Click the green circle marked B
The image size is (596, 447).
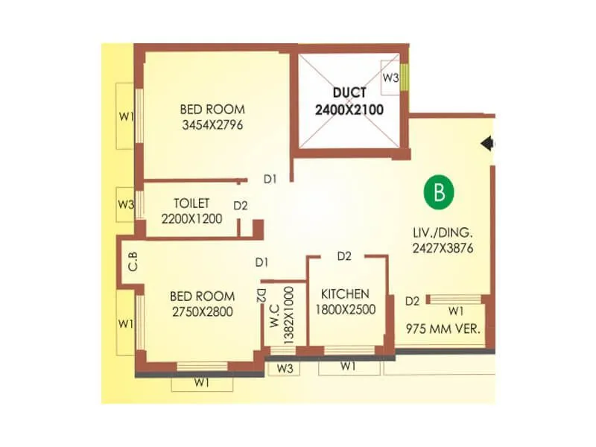[x=439, y=191]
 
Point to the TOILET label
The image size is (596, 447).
[x=191, y=203]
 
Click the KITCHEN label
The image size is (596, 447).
[x=344, y=294]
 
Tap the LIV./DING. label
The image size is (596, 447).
[x=443, y=232]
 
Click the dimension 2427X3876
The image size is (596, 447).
[x=443, y=248]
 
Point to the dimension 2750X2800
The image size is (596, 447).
[x=202, y=311]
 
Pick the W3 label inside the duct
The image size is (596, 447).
[x=390, y=77]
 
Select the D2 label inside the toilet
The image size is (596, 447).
[x=240, y=206]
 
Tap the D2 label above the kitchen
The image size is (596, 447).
[x=343, y=256]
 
